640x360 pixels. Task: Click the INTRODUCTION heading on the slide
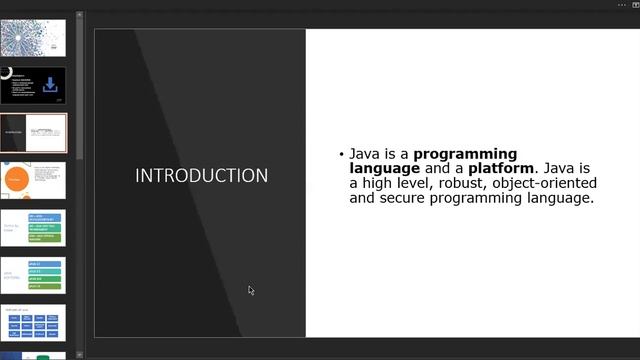pyautogui.click(x=201, y=176)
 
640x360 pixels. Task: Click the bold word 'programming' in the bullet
pyautogui.click(x=465, y=154)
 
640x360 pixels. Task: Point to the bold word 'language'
pyautogui.click(x=384, y=168)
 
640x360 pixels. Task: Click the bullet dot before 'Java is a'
pyautogui.click(x=341, y=155)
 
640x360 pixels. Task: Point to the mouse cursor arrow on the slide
pyautogui.click(x=251, y=290)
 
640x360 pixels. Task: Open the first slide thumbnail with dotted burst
pyautogui.click(x=33, y=38)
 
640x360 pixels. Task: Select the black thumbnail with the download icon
pyautogui.click(x=33, y=85)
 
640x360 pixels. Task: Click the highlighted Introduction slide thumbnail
pyautogui.click(x=33, y=132)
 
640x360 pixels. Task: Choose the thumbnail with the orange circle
pyautogui.click(x=33, y=180)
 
